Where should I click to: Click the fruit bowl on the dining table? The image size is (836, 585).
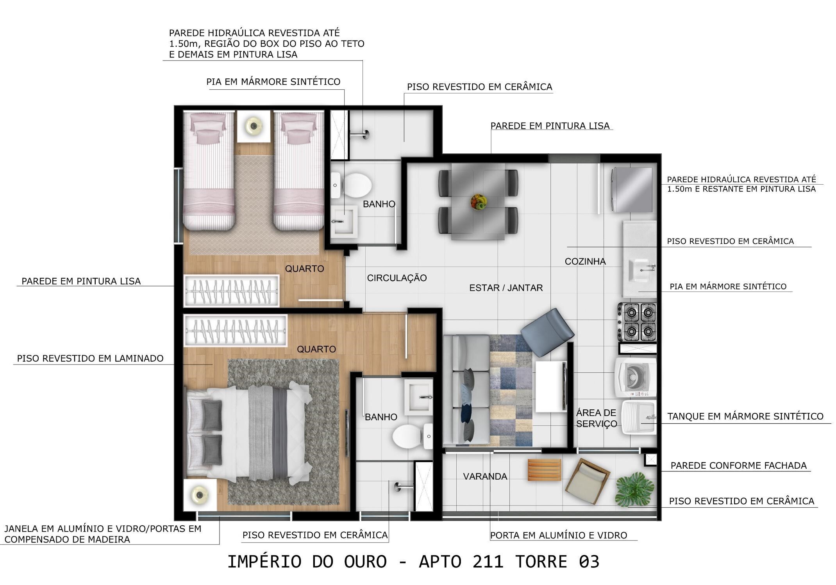479,202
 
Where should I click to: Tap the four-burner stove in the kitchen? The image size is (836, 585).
637,322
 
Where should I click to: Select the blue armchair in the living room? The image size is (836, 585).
547,332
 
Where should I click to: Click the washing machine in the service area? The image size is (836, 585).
636,377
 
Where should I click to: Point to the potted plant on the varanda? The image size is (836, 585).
634,489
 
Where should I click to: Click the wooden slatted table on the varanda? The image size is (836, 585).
545,469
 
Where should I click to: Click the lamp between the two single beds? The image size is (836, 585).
254,126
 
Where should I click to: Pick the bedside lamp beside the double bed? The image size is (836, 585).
200,495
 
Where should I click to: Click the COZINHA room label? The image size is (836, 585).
585,261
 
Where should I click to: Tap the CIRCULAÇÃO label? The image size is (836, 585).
397,278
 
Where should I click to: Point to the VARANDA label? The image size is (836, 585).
485,476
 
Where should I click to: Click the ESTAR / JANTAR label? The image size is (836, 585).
506,288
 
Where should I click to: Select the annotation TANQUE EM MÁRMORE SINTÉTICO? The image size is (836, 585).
745,416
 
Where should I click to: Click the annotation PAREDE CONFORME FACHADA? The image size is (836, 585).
738,466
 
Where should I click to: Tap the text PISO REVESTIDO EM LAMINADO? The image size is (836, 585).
90,358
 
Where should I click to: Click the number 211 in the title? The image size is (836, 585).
488,562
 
